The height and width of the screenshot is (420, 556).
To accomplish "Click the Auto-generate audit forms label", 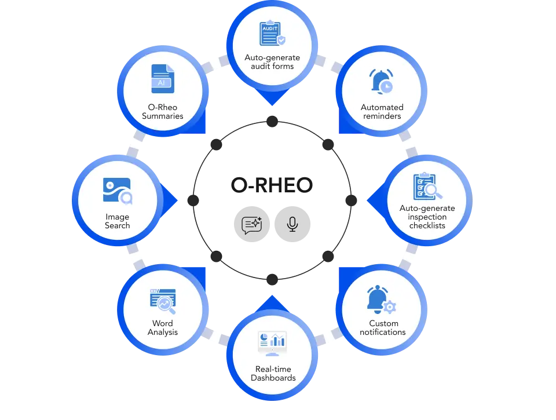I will pos(272,62).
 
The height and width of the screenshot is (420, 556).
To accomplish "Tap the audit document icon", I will pos(272,34).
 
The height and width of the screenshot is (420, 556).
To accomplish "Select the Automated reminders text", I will pos(382,111).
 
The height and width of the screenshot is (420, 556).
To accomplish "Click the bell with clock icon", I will pos(382,81).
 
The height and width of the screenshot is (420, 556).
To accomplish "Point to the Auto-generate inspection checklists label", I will pos(427,217).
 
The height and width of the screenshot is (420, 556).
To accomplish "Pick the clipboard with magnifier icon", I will pos(427,186).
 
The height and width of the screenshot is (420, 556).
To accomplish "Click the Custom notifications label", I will pos(383,327).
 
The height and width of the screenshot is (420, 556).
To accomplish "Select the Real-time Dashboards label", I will pos(273,373).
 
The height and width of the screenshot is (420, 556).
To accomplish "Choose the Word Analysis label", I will pos(163,327).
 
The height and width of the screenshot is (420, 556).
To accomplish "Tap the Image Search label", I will pos(118,221).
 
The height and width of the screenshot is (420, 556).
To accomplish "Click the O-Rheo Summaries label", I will pos(163,111).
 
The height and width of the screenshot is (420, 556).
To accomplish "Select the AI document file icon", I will pos(162,79).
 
